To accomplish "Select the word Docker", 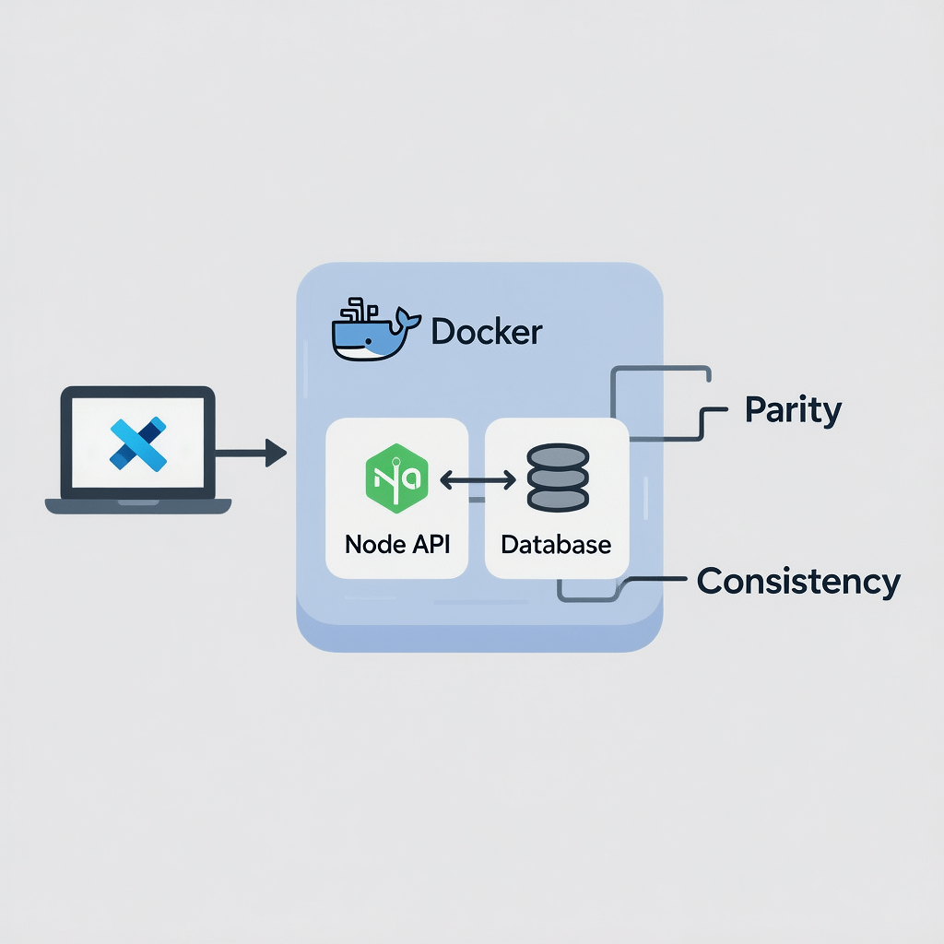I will [x=487, y=332].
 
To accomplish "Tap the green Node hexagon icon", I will [x=396, y=478].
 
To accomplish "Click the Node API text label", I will [x=398, y=544].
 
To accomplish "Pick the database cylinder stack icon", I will [x=557, y=478].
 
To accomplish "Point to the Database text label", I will [x=556, y=544].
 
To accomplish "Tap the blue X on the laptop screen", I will [x=137, y=442].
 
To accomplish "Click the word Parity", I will [x=793, y=410].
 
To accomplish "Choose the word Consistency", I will [x=798, y=581].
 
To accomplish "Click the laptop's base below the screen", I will [x=138, y=505].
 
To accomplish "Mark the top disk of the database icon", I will [x=557, y=455].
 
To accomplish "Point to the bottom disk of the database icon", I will [x=557, y=500].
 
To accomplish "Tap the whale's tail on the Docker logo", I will [x=403, y=320].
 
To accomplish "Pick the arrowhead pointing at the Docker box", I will [x=276, y=453].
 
